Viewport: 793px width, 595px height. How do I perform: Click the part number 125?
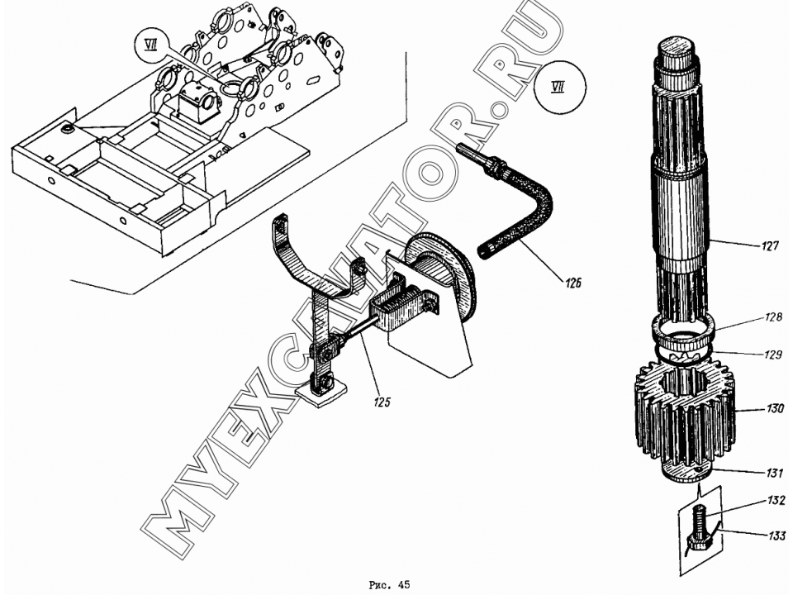382,402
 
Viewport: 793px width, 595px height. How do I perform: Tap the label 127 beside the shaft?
771,246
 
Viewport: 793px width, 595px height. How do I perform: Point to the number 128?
774,317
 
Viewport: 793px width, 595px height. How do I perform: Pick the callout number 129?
773,355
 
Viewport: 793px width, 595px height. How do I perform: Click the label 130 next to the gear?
775,407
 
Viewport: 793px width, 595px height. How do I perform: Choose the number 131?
774,473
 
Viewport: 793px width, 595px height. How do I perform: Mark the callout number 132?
776,501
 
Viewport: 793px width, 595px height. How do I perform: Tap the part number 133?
776,535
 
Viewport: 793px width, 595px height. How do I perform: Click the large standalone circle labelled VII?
559,88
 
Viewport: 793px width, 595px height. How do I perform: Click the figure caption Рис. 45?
389,585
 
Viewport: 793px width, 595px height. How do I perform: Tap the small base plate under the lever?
321,393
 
